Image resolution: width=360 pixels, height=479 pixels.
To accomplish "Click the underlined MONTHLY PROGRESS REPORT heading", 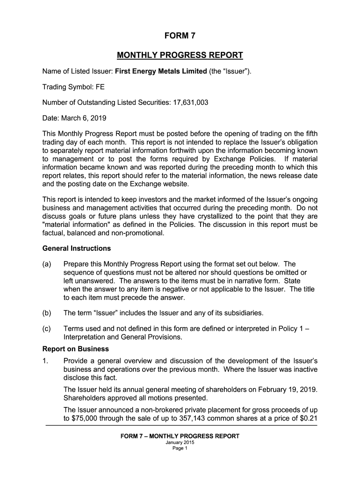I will (x=180, y=56).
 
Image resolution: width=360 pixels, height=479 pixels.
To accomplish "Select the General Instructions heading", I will (x=77, y=248).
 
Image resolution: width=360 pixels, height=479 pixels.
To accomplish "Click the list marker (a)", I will (x=48, y=264).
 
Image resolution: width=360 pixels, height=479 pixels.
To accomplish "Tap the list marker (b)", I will (x=48, y=312).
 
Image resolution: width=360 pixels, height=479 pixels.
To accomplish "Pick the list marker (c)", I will (x=48, y=328).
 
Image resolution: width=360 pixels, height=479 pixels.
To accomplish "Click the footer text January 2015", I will (x=180, y=443).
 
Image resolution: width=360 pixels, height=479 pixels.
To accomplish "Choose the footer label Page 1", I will (x=180, y=448).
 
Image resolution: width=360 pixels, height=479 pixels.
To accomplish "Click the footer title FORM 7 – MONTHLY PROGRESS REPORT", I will (x=180, y=436).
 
